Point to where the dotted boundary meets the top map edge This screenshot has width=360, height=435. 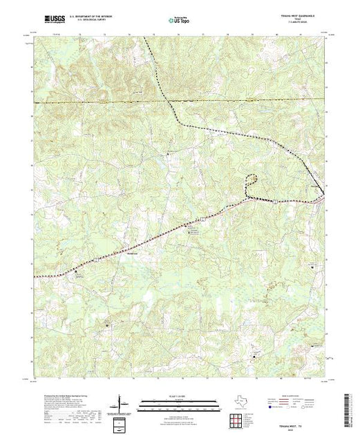(145, 37)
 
